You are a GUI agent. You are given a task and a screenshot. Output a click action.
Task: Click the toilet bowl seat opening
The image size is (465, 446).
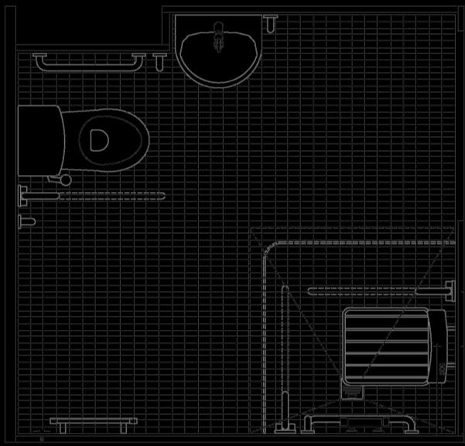[x=98, y=140]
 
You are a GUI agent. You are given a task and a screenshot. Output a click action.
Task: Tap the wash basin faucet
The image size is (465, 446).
[x=218, y=35]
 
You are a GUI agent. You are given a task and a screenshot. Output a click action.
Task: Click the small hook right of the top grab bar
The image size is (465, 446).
[x=160, y=58]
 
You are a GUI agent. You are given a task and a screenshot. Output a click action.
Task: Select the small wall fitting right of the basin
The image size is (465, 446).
[x=270, y=23]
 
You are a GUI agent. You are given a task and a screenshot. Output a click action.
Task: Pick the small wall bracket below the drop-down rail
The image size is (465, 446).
[x=26, y=221]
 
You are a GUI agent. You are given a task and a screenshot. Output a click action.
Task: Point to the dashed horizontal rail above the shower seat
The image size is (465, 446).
[x=364, y=291]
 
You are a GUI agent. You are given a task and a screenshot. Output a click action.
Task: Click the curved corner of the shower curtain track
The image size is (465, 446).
[x=269, y=251]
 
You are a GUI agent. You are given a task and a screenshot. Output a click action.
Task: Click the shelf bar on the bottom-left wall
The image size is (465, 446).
[x=89, y=423]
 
